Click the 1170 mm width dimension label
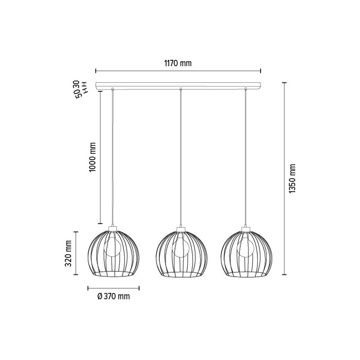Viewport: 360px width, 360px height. [x=179, y=63]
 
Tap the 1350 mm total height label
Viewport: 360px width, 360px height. [x=292, y=179]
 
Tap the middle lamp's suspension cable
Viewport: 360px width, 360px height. [x=180, y=157]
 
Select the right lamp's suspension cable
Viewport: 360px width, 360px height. [x=246, y=157]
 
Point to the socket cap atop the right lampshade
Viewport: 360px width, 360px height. [x=246, y=229]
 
